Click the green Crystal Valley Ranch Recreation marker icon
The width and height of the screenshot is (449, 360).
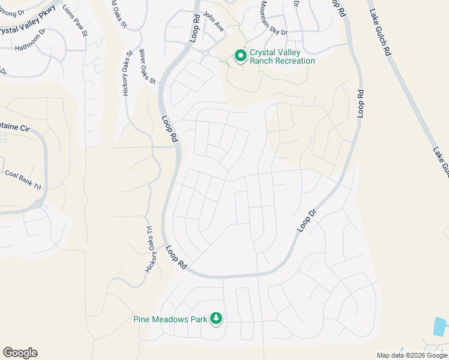pyautogui.click(x=240, y=56)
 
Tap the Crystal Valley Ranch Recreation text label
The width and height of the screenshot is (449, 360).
pyautogui.click(x=282, y=56)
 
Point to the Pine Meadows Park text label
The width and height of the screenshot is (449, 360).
pyautogui.click(x=170, y=319)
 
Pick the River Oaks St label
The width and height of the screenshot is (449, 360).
pyautogui.click(x=148, y=67)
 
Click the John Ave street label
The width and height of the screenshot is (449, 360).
pyautogui.click(x=214, y=22)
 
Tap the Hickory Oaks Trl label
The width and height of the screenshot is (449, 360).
pyautogui.click(x=149, y=250)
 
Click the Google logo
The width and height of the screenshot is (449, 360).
pyautogui.click(x=20, y=353)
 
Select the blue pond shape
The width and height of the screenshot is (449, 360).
pyautogui.click(x=439, y=327)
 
